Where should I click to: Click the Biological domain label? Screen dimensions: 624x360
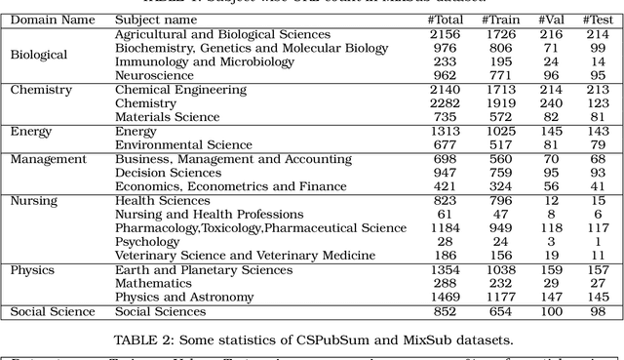(x=39, y=55)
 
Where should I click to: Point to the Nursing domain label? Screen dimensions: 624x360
(x=34, y=201)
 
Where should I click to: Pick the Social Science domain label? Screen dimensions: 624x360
(x=53, y=311)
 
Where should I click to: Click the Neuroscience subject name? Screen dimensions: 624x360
(x=154, y=75)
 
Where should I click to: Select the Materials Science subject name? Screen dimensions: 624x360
(x=169, y=117)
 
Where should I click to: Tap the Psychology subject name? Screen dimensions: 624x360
(x=147, y=242)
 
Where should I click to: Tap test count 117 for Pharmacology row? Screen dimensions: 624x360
(x=598, y=228)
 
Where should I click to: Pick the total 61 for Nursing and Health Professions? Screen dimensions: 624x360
(x=445, y=215)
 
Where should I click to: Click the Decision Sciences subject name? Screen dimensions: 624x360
(x=169, y=173)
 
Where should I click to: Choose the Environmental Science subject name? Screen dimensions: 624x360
(x=183, y=145)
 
